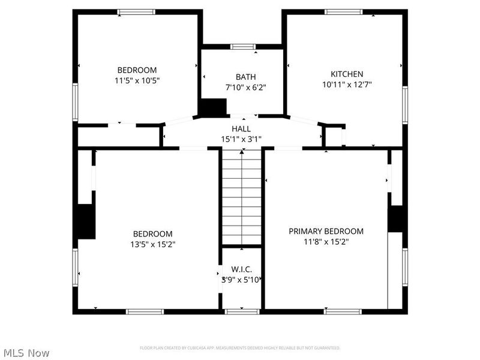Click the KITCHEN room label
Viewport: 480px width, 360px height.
tap(347, 74)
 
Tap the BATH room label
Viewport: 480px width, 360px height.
tap(245, 77)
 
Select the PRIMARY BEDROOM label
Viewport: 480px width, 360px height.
tap(326, 231)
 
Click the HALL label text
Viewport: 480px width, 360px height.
tap(241, 129)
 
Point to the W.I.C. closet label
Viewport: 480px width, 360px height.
tap(241, 269)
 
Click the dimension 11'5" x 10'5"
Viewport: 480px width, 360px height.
tap(137, 80)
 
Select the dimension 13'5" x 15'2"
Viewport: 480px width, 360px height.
tap(153, 244)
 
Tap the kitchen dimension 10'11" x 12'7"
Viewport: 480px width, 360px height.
tap(347, 85)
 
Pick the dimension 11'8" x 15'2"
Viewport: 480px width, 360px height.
tap(326, 242)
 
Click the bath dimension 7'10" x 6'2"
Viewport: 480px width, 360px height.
tap(245, 87)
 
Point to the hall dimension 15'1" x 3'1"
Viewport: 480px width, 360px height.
tap(241, 139)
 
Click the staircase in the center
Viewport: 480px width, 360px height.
tap(241, 198)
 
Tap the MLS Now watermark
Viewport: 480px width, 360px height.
tap(26, 353)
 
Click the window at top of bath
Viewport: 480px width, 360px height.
tap(242, 46)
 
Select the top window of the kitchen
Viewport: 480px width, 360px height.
tap(343, 11)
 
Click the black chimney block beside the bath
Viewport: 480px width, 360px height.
tap(212, 108)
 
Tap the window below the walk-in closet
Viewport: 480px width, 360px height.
tap(241, 311)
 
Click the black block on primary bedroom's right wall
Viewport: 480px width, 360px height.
tap(395, 218)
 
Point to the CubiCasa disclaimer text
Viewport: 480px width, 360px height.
tap(240, 348)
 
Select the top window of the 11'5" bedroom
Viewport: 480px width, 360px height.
tap(136, 11)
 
